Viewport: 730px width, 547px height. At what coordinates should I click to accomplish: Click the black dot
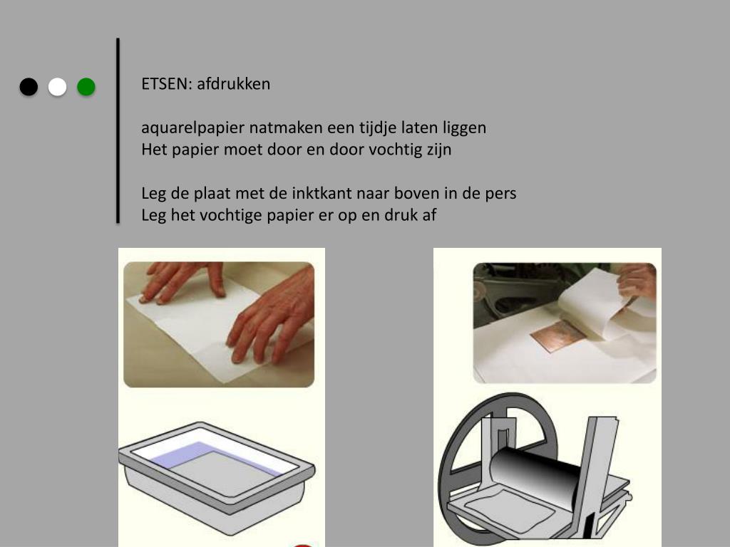(x=29, y=87)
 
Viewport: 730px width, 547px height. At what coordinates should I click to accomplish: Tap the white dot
(x=57, y=87)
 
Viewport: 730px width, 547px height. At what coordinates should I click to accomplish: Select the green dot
(x=86, y=87)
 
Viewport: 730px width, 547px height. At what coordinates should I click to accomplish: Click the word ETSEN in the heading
(x=166, y=84)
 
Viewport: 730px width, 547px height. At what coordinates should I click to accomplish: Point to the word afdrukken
(x=233, y=84)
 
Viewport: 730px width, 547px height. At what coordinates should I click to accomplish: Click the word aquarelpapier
(x=192, y=128)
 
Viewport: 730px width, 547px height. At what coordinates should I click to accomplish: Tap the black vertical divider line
(x=118, y=131)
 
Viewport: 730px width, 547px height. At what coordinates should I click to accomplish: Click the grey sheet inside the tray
(x=223, y=473)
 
